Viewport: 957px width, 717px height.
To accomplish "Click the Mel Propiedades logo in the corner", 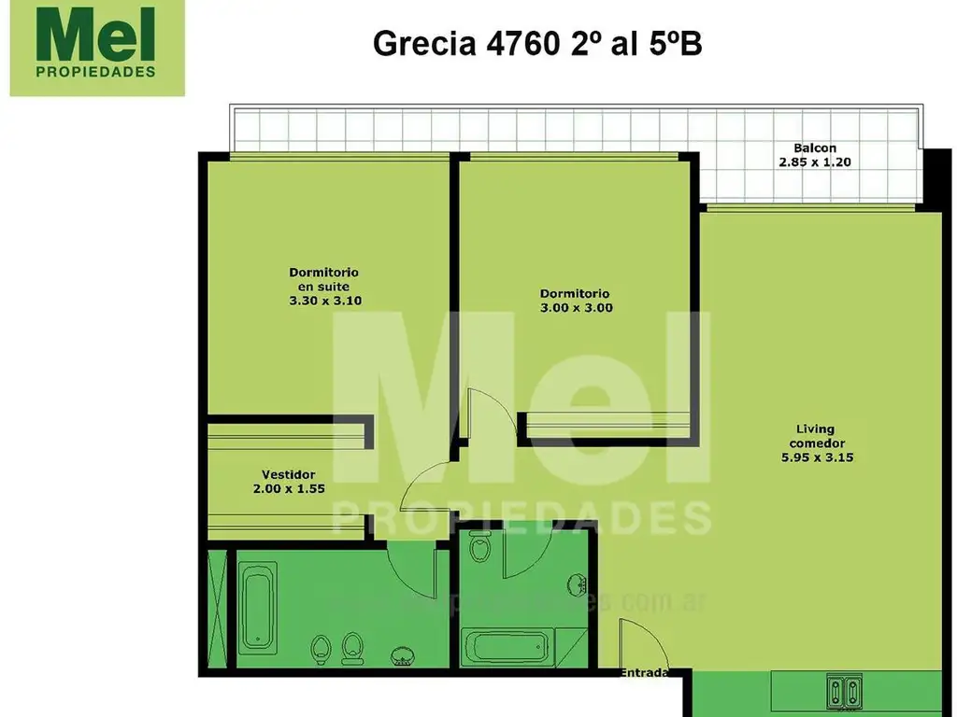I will (97, 49).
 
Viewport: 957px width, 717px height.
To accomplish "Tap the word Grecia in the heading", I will (421, 43).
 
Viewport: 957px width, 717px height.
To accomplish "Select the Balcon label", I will (814, 148).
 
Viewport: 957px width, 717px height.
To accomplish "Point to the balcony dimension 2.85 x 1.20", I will (814, 162).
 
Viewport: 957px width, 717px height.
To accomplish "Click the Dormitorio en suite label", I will (323, 279).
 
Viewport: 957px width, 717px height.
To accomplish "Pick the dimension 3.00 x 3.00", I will (576, 307).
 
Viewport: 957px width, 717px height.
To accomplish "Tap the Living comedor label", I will (816, 436).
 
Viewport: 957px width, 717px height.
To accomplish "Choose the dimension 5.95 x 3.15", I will (816, 457).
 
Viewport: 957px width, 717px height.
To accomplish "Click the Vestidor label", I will (287, 473).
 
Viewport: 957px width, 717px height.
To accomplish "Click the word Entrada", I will (646, 672).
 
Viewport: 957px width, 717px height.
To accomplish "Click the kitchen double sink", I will (843, 691).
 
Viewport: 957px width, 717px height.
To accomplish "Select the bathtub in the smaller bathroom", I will (508, 646).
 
